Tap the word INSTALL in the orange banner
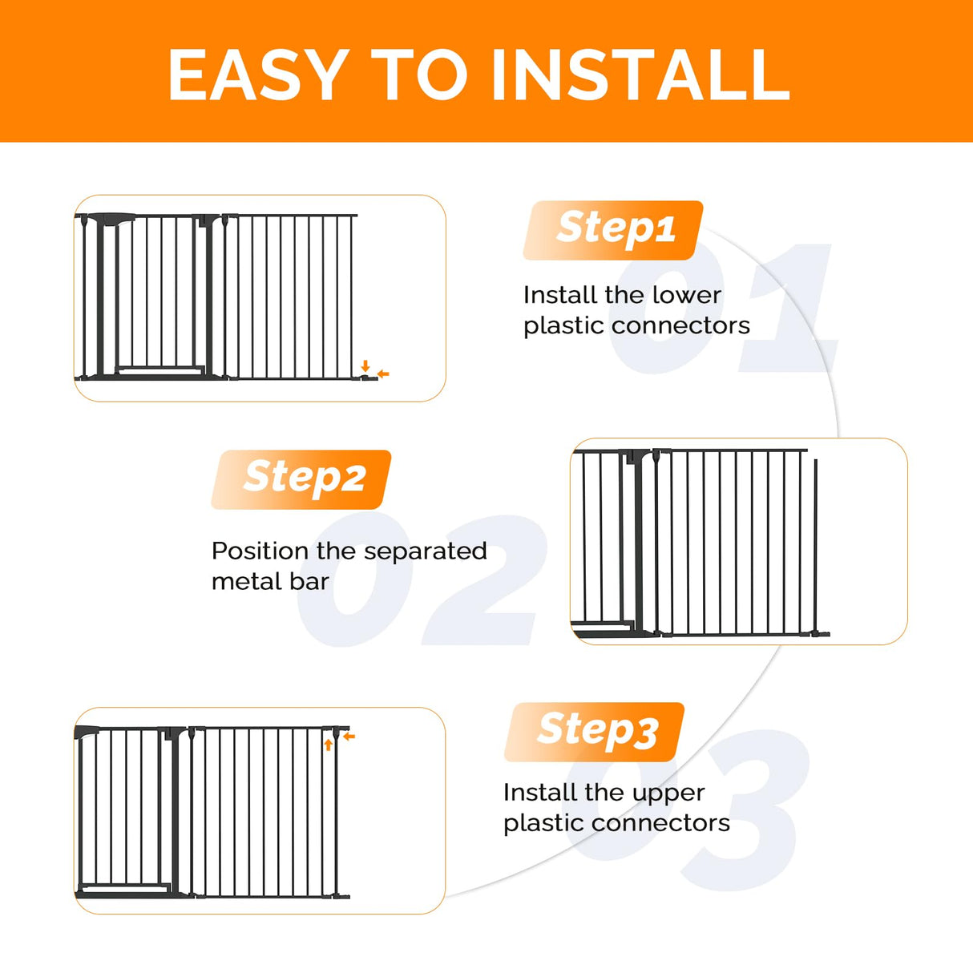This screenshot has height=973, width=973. [x=640, y=75]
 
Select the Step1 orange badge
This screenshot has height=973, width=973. [x=614, y=230]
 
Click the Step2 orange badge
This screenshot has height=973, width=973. [x=302, y=479]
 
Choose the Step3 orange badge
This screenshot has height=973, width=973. [x=595, y=732]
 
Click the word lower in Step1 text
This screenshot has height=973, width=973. [x=686, y=295]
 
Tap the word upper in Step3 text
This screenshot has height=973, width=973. [x=666, y=793]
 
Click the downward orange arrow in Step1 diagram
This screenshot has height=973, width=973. [x=365, y=365]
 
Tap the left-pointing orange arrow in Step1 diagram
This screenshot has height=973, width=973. [x=383, y=374]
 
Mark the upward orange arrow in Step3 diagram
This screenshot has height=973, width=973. [x=329, y=745]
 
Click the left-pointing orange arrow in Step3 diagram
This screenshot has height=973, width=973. [x=349, y=736]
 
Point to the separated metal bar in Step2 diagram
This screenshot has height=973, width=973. [x=816, y=545]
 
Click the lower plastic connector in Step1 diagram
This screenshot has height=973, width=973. [x=367, y=377]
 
